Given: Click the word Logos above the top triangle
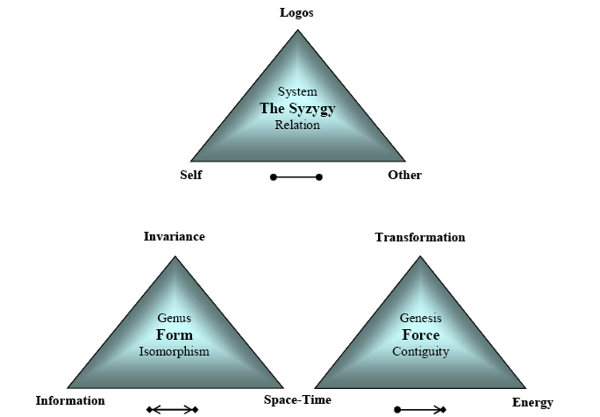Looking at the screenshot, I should pyautogui.click(x=296, y=12).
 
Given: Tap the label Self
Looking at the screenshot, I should pyautogui.click(x=191, y=175).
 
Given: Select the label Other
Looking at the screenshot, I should pyautogui.click(x=404, y=175).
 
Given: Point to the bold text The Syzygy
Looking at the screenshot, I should pyautogui.click(x=297, y=108).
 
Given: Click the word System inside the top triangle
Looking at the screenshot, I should pyautogui.click(x=297, y=91).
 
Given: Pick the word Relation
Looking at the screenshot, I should pyautogui.click(x=297, y=125).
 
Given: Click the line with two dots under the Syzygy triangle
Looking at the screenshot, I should pyautogui.click(x=296, y=177).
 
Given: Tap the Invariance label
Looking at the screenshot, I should pyautogui.click(x=175, y=236).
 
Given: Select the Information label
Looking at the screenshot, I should pyautogui.click(x=70, y=400).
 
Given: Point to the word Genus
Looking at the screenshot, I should pyautogui.click(x=174, y=318).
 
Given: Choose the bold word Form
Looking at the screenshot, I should pyautogui.click(x=174, y=334).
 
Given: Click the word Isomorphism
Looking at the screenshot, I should pyautogui.click(x=174, y=351).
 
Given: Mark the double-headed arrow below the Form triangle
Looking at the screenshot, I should pyautogui.click(x=172, y=409).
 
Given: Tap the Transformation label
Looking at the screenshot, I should pyautogui.click(x=420, y=237).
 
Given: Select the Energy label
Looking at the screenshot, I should pyautogui.click(x=532, y=402).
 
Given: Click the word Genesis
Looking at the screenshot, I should pyautogui.click(x=420, y=318).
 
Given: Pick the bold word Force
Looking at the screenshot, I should pyautogui.click(x=420, y=334).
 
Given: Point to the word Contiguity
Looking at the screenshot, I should pyautogui.click(x=420, y=351).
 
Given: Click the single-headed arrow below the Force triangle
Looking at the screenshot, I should pyautogui.click(x=420, y=409).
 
